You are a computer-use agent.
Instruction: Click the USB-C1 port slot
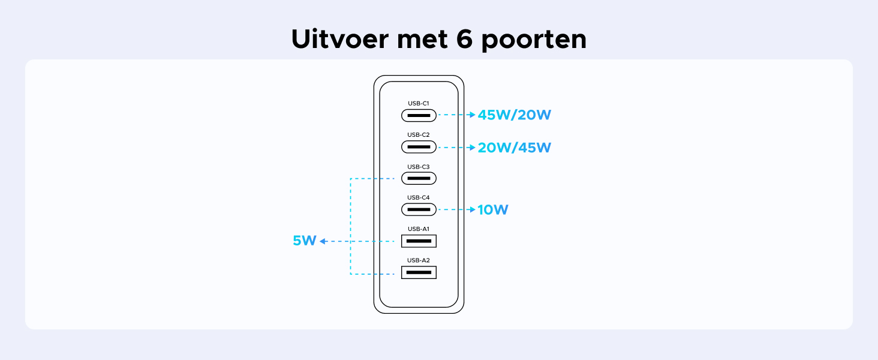[419, 116]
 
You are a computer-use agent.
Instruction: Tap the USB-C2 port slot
[419, 147]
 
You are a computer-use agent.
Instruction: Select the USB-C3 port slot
[419, 178]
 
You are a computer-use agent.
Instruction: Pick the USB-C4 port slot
[419, 209]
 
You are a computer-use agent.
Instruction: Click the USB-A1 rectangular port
[419, 241]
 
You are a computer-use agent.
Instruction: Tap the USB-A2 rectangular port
[419, 272]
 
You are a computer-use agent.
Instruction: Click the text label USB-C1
[419, 103]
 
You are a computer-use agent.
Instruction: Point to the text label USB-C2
[419, 134]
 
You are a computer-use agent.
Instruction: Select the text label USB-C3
[419, 166]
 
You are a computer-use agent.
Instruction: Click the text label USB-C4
[419, 197]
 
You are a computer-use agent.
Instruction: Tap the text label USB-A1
[419, 229]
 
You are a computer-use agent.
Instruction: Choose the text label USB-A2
[419, 260]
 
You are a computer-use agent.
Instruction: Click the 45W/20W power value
[515, 115]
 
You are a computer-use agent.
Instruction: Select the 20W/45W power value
[515, 147]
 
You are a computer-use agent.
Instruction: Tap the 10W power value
[493, 209]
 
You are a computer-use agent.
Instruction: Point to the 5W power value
[304, 241]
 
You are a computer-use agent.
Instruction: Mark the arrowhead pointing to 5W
[323, 241]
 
